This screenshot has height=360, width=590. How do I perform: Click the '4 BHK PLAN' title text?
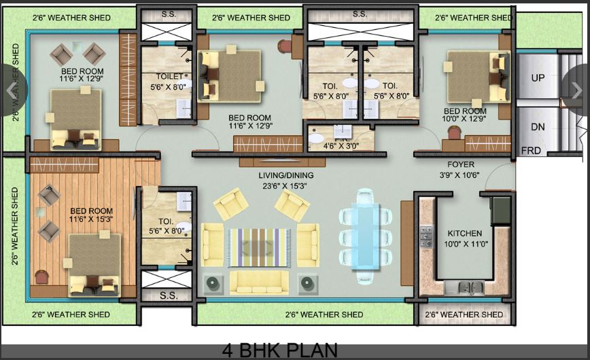pyautogui.click(x=279, y=350)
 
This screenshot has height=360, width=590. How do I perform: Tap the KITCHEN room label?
pyautogui.click(x=465, y=233)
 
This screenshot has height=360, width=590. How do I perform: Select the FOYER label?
pyautogui.click(x=461, y=164)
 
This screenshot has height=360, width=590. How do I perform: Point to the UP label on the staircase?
pyautogui.click(x=538, y=78)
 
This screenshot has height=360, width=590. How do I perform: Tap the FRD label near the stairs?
pyautogui.click(x=531, y=150)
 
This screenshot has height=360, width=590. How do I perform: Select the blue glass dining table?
pyautogui.click(x=365, y=235)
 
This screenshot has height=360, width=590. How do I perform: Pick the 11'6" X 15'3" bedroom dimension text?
pyautogui.click(x=91, y=219)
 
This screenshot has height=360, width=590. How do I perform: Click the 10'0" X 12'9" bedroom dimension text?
pyautogui.click(x=465, y=119)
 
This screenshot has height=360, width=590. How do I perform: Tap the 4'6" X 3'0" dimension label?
pyautogui.click(x=339, y=145)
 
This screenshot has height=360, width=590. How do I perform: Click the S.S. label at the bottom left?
pyautogui.click(x=169, y=295)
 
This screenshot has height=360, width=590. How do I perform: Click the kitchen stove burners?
pyautogui.click(x=426, y=236)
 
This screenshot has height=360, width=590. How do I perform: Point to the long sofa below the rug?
pyautogui.click(x=258, y=281)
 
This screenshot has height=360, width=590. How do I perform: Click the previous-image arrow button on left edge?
pyautogui.click(x=10, y=90)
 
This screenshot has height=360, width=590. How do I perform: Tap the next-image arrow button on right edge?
pyautogui.click(x=578, y=90)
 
